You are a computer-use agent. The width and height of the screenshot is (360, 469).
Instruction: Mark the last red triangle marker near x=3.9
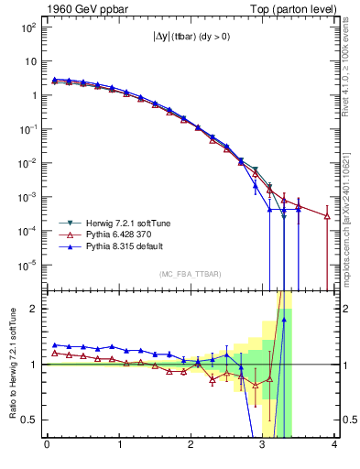(x=327, y=216)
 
